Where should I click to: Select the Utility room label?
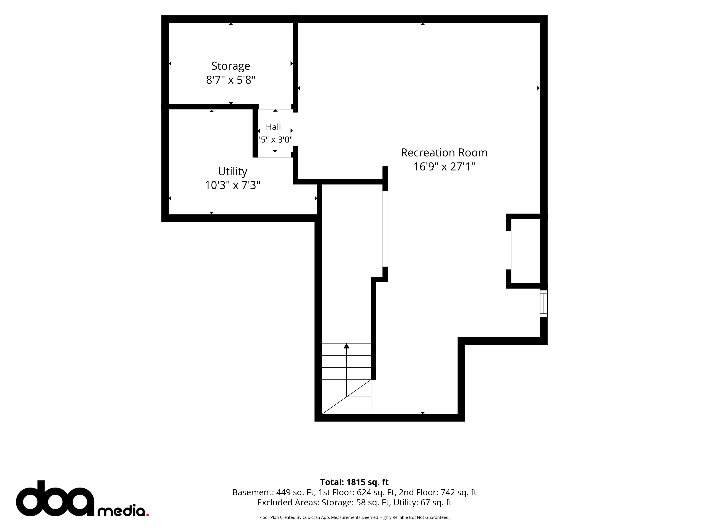(232, 172)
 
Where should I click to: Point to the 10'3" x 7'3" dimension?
(232, 185)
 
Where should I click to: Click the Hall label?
(273, 127)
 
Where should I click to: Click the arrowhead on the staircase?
(347, 346)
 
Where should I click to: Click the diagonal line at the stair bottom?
(347, 397)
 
